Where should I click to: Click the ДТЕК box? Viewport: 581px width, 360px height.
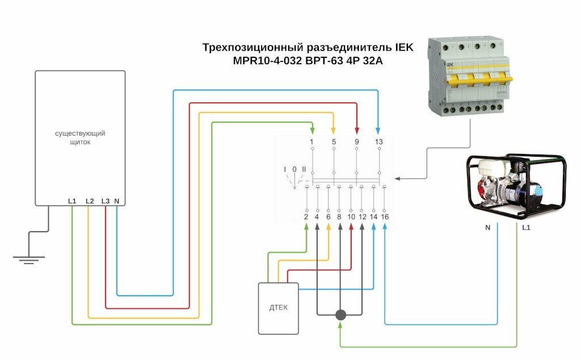pos(279,308)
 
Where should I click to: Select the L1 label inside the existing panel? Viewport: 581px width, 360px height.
pos(71,201)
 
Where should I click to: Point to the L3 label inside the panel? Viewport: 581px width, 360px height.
pos(106,201)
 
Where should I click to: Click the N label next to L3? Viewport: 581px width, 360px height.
pos(116,201)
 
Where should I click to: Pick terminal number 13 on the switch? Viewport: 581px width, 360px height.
pos(378,141)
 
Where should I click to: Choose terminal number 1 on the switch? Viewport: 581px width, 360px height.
pos(311,141)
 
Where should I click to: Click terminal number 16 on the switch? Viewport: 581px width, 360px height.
pos(385,217)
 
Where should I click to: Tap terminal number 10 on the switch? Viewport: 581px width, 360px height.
pos(351,217)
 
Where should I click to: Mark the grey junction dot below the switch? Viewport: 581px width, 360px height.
pos(340,315)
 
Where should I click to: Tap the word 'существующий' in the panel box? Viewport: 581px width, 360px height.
pos(80,133)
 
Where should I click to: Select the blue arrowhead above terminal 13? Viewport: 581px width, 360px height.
pos(378,129)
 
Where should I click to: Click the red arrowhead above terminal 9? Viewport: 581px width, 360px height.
pos(356,129)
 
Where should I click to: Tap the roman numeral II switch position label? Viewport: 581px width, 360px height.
pos(304,169)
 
